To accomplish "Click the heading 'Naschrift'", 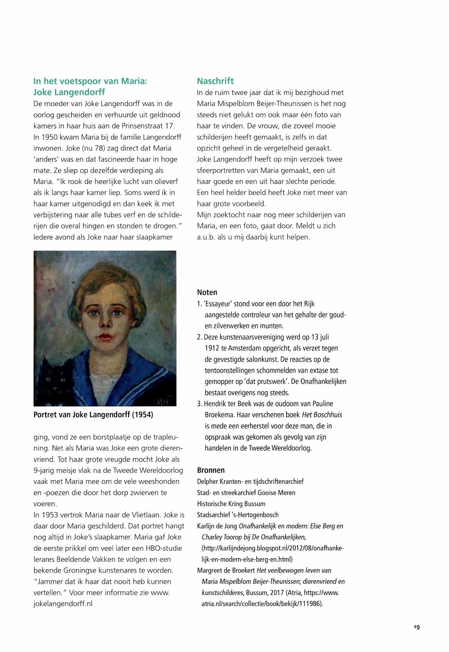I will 215,81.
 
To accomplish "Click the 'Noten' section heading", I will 207,292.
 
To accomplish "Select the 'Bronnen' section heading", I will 211,470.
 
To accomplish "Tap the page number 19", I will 416,627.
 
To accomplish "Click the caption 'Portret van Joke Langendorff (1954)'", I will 93,415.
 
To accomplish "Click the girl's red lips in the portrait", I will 105,337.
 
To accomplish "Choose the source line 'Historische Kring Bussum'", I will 231,504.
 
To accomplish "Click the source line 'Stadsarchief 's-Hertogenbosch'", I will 238,515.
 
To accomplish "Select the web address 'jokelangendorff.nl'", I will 63,604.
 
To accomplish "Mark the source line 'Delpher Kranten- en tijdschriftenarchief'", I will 250,481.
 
